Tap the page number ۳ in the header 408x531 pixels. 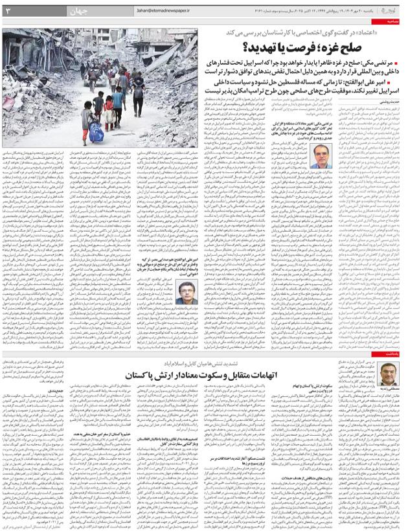[x=8, y=11]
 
